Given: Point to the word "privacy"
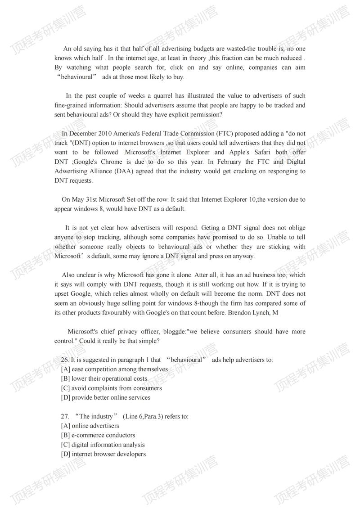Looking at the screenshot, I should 123,332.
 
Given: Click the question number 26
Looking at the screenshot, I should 65,360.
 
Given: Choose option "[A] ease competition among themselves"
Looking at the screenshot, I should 114,369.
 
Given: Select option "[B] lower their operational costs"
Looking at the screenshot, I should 104,378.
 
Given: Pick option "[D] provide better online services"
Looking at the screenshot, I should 106,397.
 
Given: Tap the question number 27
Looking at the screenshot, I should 65,416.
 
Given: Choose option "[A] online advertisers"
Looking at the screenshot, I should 90,426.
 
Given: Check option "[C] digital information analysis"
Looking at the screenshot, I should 103,445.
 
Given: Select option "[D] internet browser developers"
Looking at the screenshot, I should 103,454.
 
